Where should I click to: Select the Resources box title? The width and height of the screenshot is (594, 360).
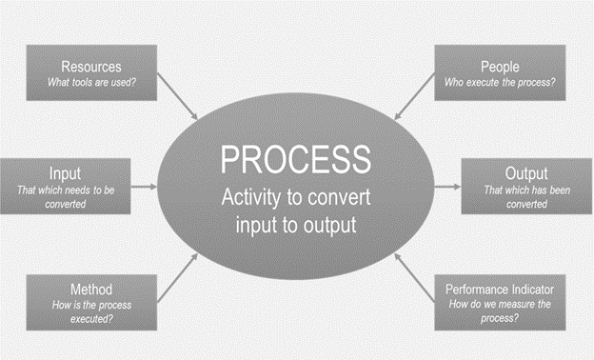tap(92, 67)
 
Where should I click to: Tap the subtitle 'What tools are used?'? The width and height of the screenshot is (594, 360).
tap(92, 82)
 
